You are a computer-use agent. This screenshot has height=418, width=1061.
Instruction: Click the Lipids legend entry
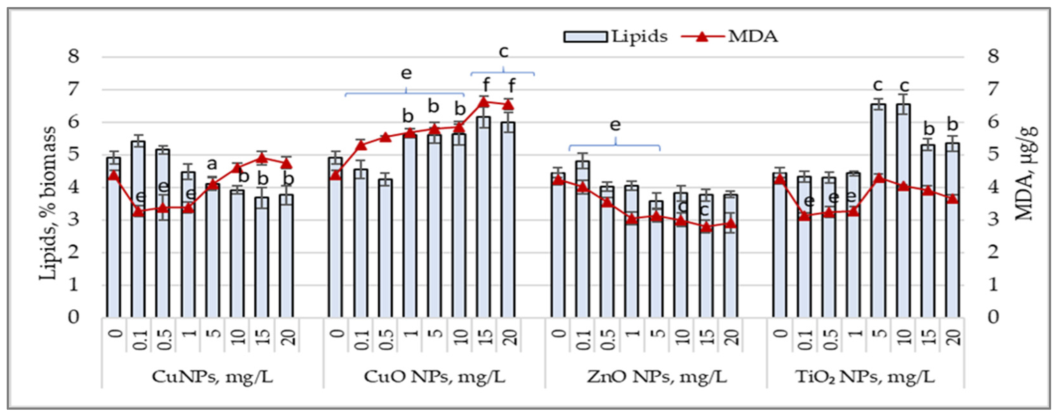[x=615, y=37]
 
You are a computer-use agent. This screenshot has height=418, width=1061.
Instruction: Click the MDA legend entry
[x=729, y=37]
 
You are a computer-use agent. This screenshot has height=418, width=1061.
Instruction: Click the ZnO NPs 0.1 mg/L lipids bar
[x=582, y=239]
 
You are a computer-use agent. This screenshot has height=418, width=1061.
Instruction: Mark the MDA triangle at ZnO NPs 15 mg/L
[x=706, y=227]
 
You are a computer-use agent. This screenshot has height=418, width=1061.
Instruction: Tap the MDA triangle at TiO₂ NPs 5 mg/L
[x=879, y=178]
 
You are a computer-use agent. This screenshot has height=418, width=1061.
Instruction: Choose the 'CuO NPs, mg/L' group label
[x=434, y=377]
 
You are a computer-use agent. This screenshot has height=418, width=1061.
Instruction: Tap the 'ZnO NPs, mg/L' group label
[x=657, y=377]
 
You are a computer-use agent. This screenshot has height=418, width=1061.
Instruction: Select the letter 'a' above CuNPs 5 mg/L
[x=212, y=164]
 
